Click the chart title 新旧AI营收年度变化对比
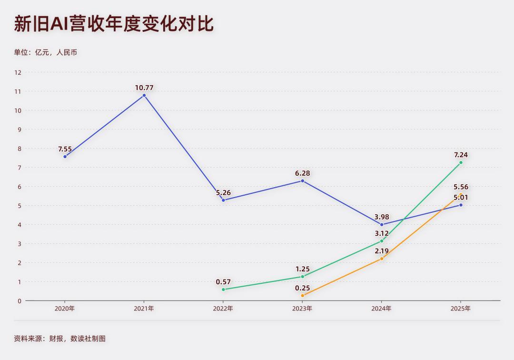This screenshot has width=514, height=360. click(x=114, y=24)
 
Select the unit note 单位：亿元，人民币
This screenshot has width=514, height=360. click(x=45, y=52)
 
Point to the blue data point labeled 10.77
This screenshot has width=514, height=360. click(x=144, y=95)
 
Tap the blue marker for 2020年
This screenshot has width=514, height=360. click(x=65, y=157)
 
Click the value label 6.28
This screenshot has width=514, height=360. click(x=302, y=173)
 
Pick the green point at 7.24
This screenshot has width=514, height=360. click(x=461, y=163)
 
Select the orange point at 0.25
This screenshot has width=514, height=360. click(x=302, y=296)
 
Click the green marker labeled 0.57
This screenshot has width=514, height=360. click(x=223, y=290)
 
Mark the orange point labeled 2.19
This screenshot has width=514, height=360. click(x=382, y=259)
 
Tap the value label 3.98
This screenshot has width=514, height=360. click(x=382, y=217)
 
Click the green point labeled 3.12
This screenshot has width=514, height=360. click(x=382, y=241)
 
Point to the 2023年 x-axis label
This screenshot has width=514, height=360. click(x=302, y=309)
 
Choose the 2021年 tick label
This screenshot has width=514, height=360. click(x=144, y=309)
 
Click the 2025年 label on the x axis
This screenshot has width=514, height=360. click(x=461, y=309)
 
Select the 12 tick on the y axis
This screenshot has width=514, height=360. click(x=18, y=72)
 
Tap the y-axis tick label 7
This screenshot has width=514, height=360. click(x=20, y=168)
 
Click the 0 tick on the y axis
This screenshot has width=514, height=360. click(x=20, y=301)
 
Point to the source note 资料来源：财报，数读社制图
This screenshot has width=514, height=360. click(x=59, y=339)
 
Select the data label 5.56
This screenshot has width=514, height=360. click(x=461, y=187)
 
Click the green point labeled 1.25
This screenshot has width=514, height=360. click(x=302, y=277)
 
